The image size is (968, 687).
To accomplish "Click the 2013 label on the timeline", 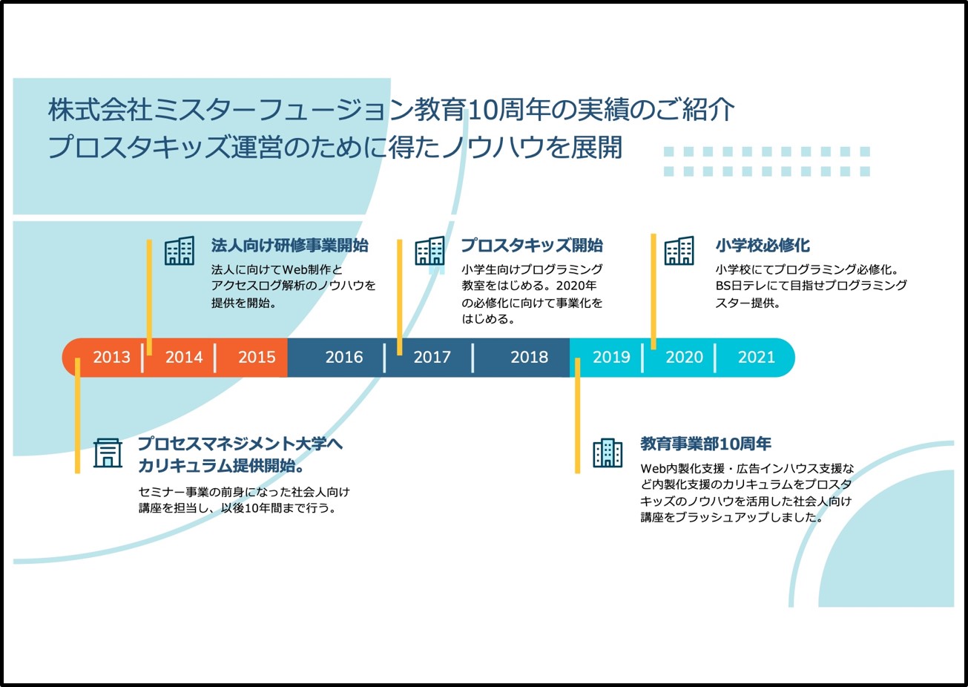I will click(111, 357).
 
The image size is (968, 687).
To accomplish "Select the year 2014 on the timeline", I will click(184, 357).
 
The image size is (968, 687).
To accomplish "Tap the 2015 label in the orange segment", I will click(257, 357).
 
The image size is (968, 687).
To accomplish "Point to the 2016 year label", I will click(344, 357).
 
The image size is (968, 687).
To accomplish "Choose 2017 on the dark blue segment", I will click(432, 357).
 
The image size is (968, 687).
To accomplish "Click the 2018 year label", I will click(529, 357).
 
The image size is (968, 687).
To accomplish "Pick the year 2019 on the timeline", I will click(611, 357).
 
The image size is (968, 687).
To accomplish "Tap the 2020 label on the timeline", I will click(684, 357).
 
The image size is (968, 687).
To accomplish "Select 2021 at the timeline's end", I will click(756, 357).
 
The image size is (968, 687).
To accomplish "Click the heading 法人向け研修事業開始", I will click(290, 246).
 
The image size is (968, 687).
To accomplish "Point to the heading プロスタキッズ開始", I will click(532, 246).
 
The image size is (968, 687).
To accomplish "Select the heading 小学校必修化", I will click(763, 246).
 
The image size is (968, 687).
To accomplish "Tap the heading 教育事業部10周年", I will click(705, 444).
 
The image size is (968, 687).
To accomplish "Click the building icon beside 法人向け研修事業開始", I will click(180, 252).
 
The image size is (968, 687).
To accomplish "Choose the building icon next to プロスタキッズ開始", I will click(430, 252).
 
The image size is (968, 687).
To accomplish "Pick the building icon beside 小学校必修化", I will click(679, 252).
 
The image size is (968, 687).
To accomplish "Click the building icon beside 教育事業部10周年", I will click(608, 453).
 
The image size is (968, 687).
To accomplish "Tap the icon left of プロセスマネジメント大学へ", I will click(108, 453).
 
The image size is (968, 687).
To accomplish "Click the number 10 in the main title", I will click(484, 111).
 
